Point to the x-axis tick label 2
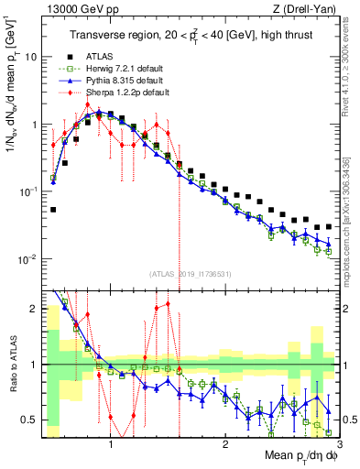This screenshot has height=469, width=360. coord(225,443)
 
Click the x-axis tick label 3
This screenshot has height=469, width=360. coord(339,443)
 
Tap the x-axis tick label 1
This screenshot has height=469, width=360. coord(111,443)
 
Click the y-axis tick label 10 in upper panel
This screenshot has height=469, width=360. coord(30,56)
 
